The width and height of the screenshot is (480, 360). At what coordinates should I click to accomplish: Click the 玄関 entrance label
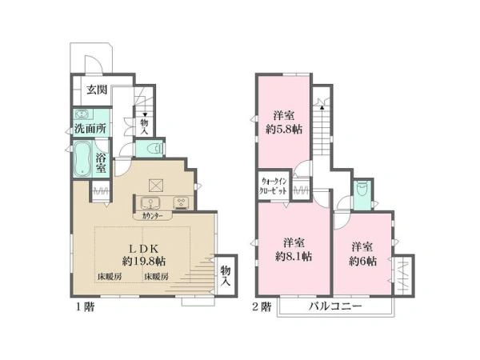pyautogui.click(x=97, y=90)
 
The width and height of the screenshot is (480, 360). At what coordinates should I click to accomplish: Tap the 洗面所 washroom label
pyautogui.click(x=90, y=129)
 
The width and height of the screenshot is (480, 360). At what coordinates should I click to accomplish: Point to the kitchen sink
pyautogui.click(x=150, y=203)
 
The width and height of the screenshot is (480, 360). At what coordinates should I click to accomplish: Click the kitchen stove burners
pyautogui.click(x=182, y=202)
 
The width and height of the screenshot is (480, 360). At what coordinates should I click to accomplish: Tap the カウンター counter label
pyautogui.click(x=153, y=216)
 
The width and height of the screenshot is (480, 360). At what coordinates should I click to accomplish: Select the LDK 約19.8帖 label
pyautogui.click(x=144, y=254)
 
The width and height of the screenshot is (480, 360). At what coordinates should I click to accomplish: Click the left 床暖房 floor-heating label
pyautogui.click(x=110, y=277)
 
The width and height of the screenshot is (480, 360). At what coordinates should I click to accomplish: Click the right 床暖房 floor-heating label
pyautogui.click(x=156, y=277)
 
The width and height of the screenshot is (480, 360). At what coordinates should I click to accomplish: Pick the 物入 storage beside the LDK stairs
pyautogui.click(x=226, y=275)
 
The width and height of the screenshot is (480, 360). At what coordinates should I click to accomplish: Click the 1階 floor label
pyautogui.click(x=86, y=306)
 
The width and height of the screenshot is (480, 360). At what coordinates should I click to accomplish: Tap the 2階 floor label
pyautogui.click(x=262, y=306)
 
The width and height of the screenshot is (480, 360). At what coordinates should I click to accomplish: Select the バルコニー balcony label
pyautogui.click(x=335, y=306)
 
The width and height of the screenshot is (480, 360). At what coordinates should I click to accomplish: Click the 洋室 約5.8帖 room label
pyautogui.click(x=284, y=122)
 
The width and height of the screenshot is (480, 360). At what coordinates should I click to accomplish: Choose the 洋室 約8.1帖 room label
pyautogui.click(x=294, y=250)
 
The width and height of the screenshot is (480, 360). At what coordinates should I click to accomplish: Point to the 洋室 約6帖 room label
pyautogui.click(x=362, y=254)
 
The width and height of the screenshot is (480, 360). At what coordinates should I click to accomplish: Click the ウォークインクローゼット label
pyautogui.click(x=273, y=186)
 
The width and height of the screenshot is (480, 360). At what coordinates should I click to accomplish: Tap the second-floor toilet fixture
pyautogui.click(x=362, y=190)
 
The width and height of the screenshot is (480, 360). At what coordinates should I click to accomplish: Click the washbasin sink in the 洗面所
pyautogui.click(x=82, y=114)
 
